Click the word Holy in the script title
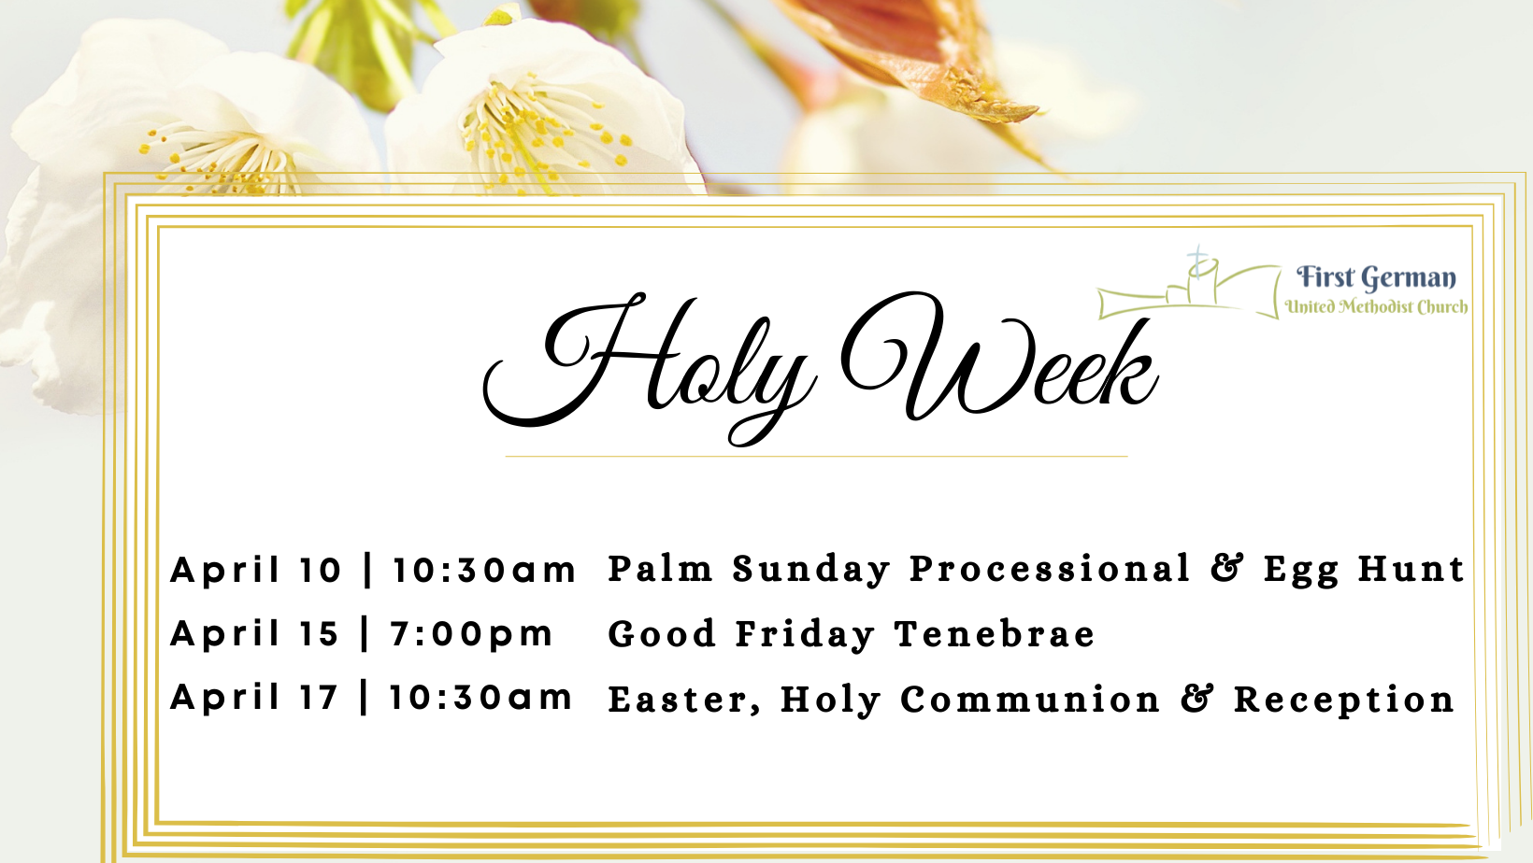pos(651,369)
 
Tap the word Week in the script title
pos(999,357)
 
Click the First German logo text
pos(1376,277)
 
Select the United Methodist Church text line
pos(1376,306)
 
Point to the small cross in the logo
pos(1197,260)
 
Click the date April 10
pos(255,571)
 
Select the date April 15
pos(254,634)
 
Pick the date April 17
pos(254,699)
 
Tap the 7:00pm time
pos(471,634)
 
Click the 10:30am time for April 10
pos(484,571)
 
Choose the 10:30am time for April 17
pos(481,699)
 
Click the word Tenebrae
pos(995,634)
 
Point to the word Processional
pos(1050,569)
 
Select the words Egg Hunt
pos(1363,571)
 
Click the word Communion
pos(1030,700)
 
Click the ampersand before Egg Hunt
pos(1227,569)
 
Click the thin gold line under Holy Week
pos(816,456)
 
